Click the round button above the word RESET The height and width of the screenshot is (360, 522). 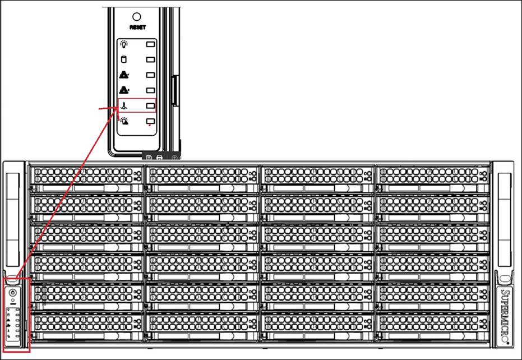pyautogui.click(x=136, y=17)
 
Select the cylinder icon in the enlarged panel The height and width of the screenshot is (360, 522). pyautogui.click(x=124, y=59)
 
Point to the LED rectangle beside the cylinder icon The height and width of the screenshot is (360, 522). pyautogui.click(x=150, y=59)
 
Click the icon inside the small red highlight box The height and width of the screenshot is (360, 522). pyautogui.click(x=124, y=105)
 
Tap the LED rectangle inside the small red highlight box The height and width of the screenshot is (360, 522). pyautogui.click(x=150, y=105)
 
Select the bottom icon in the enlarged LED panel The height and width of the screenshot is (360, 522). pyautogui.click(x=124, y=121)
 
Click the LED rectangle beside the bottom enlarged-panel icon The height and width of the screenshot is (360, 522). pyautogui.click(x=150, y=121)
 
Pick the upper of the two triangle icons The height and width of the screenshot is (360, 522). pyautogui.click(x=124, y=75)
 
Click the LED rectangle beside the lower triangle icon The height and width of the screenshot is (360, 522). pyautogui.click(x=150, y=90)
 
